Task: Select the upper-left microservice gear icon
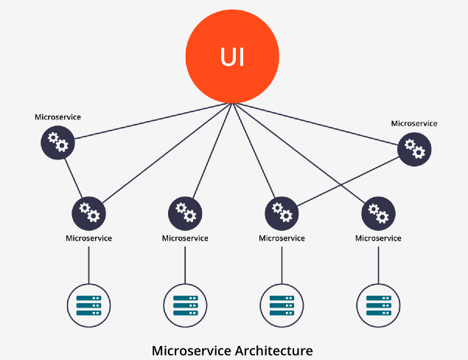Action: [57, 141]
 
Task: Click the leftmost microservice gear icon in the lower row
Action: [88, 212]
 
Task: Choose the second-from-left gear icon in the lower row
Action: [185, 212]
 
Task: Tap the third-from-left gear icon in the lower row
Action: [282, 212]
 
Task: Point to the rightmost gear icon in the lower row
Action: [378, 212]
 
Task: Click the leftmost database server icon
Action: [88, 304]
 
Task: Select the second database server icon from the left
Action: [185, 304]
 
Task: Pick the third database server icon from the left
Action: [282, 304]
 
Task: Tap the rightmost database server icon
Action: [378, 304]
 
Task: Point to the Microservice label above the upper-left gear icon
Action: [57, 117]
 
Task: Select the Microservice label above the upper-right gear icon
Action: [414, 123]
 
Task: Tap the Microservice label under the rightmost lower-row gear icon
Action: [378, 238]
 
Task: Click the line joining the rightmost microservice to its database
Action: [378, 264]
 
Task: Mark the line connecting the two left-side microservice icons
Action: [72, 176]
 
